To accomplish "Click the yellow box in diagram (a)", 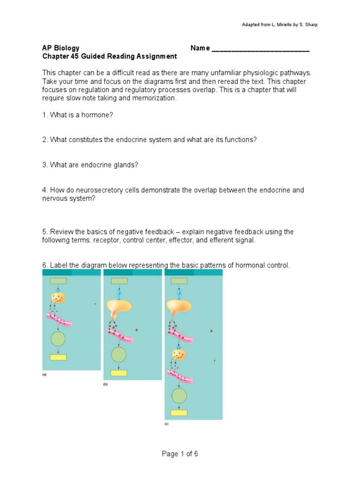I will [58, 357].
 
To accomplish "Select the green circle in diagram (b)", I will [119, 354].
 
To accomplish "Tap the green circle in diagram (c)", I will [179, 396].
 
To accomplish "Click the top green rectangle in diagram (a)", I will [58, 281].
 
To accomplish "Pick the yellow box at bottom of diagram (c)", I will [179, 412].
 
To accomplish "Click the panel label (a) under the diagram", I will [45, 375].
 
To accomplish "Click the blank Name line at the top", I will [261, 48].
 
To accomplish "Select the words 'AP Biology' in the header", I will [61, 48].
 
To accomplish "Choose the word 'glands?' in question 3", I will [126, 165].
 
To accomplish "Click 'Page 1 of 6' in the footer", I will [180, 454].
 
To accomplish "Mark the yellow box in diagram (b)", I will [119, 373].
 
